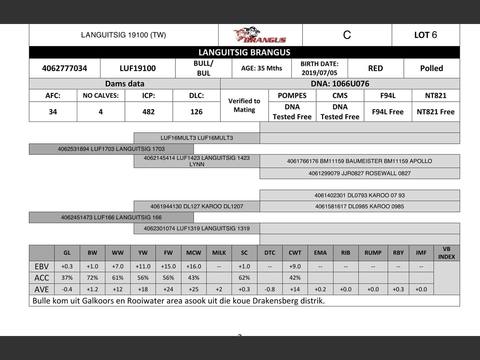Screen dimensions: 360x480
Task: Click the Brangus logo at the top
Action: pyautogui.click(x=259, y=35)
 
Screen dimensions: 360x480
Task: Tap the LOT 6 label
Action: pyautogui.click(x=425, y=35)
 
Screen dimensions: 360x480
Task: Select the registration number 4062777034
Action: pyautogui.click(x=64, y=68)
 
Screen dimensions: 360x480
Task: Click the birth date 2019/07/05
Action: pyautogui.click(x=319, y=73)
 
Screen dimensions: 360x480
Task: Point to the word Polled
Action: pyautogui.click(x=431, y=68)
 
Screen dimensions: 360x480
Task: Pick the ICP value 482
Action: pyautogui.click(x=148, y=112)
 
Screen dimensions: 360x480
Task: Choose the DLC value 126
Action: pyautogui.click(x=196, y=112)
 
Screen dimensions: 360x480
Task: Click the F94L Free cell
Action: pyautogui.click(x=387, y=112)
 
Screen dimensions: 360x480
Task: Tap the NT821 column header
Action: pyautogui.click(x=435, y=95)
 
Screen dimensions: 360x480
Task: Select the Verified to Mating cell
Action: pyautogui.click(x=244, y=105)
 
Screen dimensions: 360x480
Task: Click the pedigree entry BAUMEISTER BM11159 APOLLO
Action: pyautogui.click(x=359, y=161)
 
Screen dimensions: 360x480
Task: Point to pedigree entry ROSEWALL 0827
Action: pyautogui.click(x=359, y=173)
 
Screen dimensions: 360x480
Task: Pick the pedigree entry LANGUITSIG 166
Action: pyautogui.click(x=111, y=217)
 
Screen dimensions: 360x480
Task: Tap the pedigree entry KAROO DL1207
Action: pyautogui.click(x=196, y=206)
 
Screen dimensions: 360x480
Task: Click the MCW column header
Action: pyautogui.click(x=193, y=253)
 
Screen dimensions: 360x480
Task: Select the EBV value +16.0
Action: pyautogui.click(x=193, y=266)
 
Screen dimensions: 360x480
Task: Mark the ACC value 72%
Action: pyautogui.click(x=92, y=278)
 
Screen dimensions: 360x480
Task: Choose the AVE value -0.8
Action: pyautogui.click(x=270, y=289)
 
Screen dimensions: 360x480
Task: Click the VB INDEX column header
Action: pyautogui.click(x=446, y=253)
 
